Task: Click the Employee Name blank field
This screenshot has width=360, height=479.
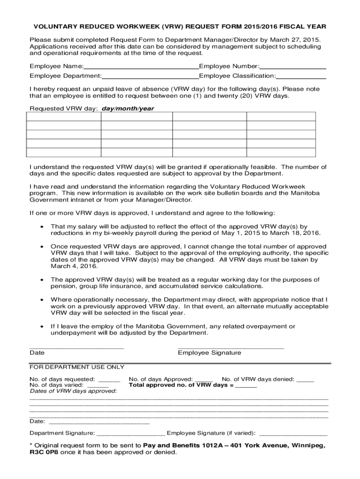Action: coord(141,66)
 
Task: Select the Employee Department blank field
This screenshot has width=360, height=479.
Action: coord(150,76)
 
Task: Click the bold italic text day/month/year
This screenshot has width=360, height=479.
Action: coord(128,109)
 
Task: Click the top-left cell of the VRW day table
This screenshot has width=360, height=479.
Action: coord(64,116)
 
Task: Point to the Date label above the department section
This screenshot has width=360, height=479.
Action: coord(37,353)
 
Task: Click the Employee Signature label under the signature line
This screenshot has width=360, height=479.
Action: coord(209,353)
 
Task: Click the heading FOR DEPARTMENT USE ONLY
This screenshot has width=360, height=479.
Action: coord(77,367)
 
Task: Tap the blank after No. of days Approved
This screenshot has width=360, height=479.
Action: coord(204,379)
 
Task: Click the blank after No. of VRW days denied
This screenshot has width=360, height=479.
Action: coord(305,379)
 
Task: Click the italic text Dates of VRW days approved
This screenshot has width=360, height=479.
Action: coord(73,391)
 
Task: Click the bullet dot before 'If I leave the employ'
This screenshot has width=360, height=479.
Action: coord(42,327)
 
